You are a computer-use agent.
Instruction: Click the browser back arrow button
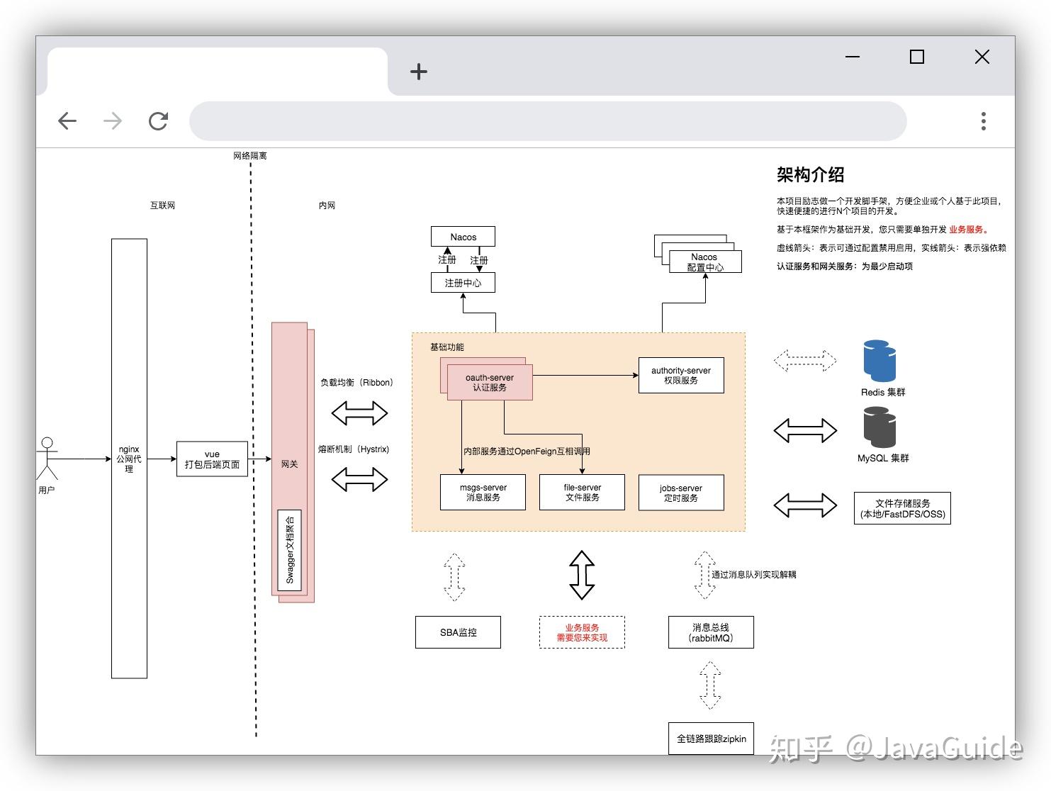[x=67, y=121]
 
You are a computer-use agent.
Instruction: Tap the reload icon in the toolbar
[x=158, y=121]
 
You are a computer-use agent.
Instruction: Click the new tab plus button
[x=419, y=72]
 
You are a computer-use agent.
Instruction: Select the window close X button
[x=982, y=57]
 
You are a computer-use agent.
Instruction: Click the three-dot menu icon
[x=983, y=121]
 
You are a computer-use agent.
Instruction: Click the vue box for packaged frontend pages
[x=212, y=459]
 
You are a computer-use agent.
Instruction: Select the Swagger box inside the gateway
[x=289, y=550]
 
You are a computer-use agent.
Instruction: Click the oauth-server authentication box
[x=490, y=383]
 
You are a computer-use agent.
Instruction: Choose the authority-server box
[x=681, y=376]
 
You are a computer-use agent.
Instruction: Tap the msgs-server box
[x=483, y=493]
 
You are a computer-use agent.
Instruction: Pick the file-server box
[x=582, y=493]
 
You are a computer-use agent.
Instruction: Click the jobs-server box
[x=681, y=493]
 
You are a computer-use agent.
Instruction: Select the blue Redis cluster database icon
[x=879, y=361]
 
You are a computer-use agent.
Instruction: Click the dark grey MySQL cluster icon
[x=879, y=427]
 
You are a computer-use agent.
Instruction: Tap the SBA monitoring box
[x=458, y=632]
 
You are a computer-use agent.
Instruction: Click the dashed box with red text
[x=582, y=632]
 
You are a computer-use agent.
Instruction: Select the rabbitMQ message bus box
[x=711, y=632]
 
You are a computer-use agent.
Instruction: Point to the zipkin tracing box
[x=711, y=739]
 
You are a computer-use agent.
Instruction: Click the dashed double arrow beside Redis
[x=805, y=361]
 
